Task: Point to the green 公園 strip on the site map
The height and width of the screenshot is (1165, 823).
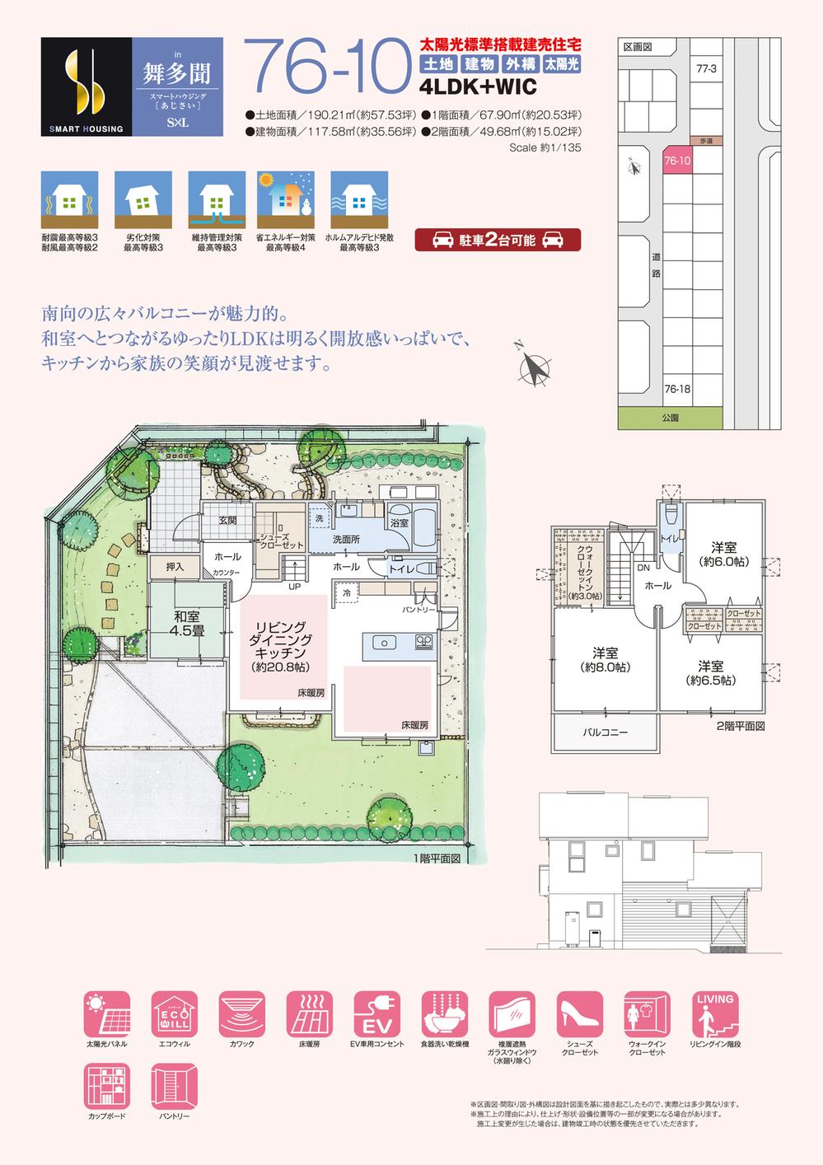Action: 669,418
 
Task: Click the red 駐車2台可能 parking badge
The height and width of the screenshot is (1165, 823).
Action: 497,240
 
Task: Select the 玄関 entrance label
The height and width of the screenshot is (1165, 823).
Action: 228,521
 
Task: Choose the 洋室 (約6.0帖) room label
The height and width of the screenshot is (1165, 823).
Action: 723,554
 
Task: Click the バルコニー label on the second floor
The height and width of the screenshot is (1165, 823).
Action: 606,732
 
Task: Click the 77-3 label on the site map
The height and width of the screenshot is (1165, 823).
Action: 706,69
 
